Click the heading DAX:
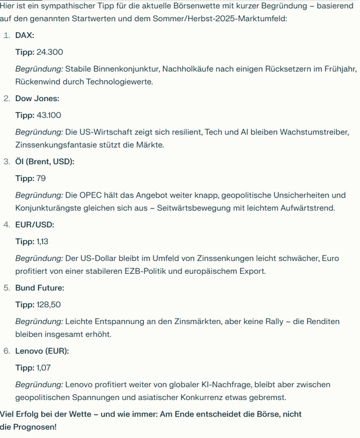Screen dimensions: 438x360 [x=25, y=35]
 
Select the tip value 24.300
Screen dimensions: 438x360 [x=50, y=52]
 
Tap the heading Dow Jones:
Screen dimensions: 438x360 [x=37, y=98]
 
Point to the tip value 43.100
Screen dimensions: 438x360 [x=48, y=115]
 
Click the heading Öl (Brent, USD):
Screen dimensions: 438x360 [x=44, y=161]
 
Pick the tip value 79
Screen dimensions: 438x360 [x=41, y=178]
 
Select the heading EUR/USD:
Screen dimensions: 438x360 [x=34, y=224]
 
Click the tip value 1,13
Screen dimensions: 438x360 [x=43, y=241]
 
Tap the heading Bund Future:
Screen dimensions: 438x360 [x=40, y=287]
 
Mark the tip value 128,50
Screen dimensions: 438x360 [x=48, y=304]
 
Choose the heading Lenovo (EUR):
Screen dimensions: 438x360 [x=42, y=350]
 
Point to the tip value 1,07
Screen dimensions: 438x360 [x=43, y=367]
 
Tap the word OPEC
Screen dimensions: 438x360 [x=95, y=195]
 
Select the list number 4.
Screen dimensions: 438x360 [x=6, y=224]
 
